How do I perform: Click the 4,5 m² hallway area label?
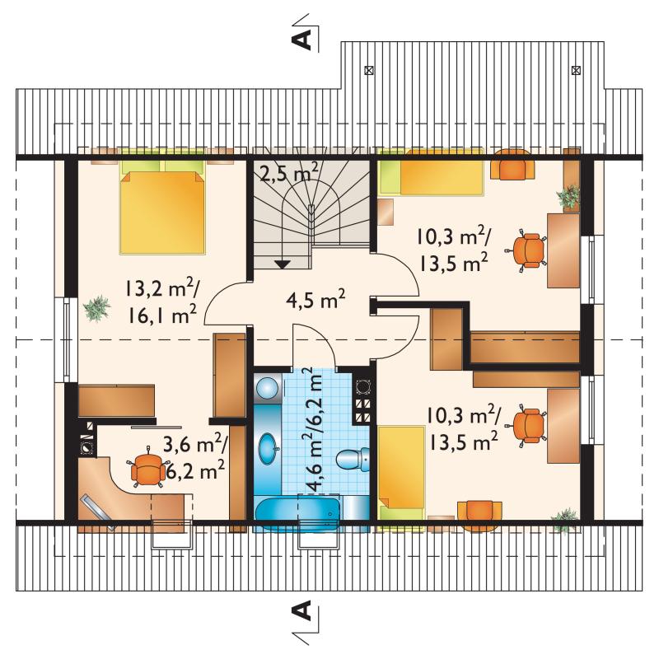[315, 300]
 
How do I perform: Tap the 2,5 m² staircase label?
[288, 172]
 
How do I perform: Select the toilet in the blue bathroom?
[353, 459]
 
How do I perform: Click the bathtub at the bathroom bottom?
[298, 513]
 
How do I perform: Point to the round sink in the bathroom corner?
[267, 386]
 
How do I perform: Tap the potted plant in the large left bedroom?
[97, 308]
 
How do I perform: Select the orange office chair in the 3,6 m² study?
[147, 467]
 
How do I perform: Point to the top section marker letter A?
[301, 40]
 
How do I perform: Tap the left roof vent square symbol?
[368, 70]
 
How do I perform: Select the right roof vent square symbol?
[577, 70]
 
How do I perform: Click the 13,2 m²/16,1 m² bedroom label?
[161, 301]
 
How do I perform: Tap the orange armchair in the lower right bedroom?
[479, 512]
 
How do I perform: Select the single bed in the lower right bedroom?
[401, 473]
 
